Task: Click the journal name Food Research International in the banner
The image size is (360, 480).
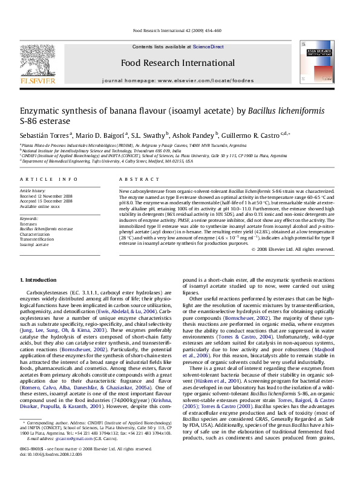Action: [x=179, y=63]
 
